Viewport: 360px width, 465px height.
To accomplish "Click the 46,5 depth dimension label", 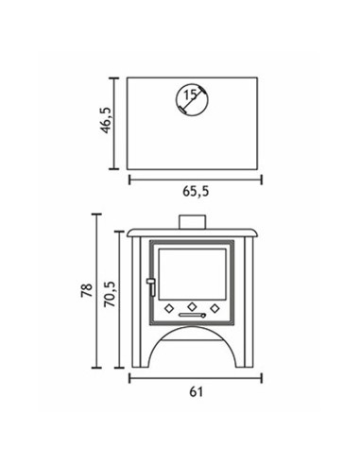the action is click(106, 120).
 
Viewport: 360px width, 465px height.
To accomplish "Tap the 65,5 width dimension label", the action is click(196, 192).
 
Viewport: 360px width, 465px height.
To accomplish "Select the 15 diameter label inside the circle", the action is click(190, 95).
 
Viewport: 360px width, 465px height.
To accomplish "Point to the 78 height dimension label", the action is click(87, 290).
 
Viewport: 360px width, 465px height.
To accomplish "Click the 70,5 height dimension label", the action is click(111, 294).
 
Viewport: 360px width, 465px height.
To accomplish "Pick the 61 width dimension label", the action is click(196, 392).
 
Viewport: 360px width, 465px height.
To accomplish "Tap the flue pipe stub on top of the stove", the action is click(192, 222).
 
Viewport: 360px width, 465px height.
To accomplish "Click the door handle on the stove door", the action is click(151, 286).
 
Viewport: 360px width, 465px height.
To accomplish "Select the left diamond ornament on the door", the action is click(169, 308).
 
